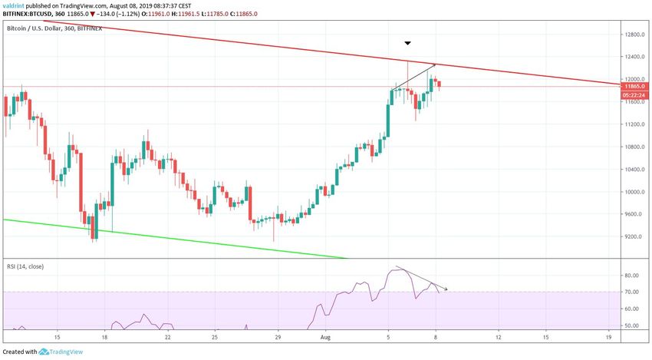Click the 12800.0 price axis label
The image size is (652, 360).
click(x=633, y=34)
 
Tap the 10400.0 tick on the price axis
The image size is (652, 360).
click(x=634, y=170)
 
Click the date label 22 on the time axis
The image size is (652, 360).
click(x=167, y=337)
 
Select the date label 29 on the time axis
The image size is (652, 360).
click(x=278, y=337)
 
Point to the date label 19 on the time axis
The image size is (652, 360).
click(x=608, y=337)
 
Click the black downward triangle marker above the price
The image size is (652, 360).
click(x=408, y=43)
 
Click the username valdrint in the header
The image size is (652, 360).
click(x=17, y=5)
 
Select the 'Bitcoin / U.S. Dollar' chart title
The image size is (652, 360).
click(x=38, y=28)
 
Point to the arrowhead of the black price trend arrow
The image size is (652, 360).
click(x=435, y=64)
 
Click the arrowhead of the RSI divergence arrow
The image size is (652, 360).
click(x=446, y=289)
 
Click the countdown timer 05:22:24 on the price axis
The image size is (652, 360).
click(x=634, y=95)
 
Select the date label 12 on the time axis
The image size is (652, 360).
click(x=499, y=337)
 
